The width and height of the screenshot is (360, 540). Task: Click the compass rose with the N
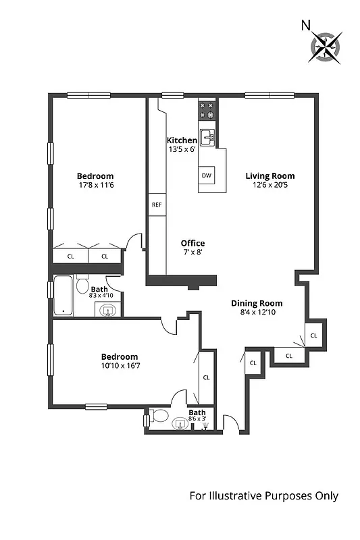coord(326,47)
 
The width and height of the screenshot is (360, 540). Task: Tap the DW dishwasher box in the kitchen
coord(206,175)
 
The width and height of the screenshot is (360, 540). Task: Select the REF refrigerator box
coord(157,205)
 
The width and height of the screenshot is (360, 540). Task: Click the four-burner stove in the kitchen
coord(207,109)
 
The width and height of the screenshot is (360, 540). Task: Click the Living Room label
coord(269,176)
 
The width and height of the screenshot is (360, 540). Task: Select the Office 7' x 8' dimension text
coord(192,252)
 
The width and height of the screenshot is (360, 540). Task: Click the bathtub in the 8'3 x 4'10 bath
coord(64,296)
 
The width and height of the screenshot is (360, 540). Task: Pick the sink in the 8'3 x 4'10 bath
coord(107,310)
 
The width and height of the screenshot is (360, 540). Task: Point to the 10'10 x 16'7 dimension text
coord(120,366)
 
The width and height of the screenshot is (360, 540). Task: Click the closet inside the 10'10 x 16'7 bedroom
coord(206,378)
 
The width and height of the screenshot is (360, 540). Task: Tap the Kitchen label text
coord(182,140)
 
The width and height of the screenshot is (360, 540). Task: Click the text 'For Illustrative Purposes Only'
coord(263,496)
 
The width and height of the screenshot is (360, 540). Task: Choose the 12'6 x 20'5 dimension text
coord(269,185)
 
